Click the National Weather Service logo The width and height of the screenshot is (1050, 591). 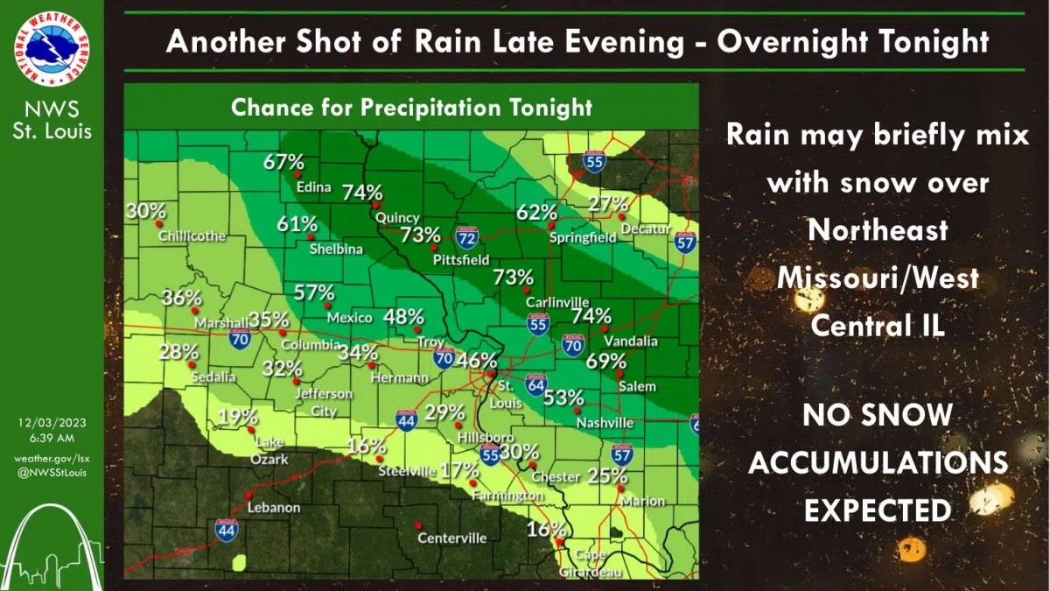point(52,52)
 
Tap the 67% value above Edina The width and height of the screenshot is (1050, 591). point(285,162)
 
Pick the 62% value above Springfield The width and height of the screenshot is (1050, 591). point(536,212)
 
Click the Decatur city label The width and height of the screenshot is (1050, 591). point(645,229)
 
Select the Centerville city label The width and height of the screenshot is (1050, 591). point(451,538)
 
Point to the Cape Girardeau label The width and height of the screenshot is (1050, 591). point(591,563)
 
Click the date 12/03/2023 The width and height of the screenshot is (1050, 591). point(52,423)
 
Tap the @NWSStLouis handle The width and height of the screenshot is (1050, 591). point(52,473)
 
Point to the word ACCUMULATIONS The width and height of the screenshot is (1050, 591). point(878,462)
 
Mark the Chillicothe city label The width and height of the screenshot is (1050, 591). point(192,236)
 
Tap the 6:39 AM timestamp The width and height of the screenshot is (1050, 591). point(52,437)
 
